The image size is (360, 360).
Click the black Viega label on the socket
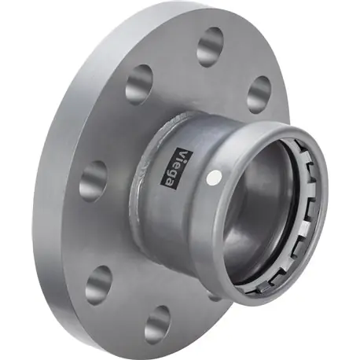tap(176, 168)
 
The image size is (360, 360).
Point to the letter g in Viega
tap(174, 171)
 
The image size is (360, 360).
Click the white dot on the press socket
tap(214, 178)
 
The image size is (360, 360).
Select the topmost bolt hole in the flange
tap(211, 46)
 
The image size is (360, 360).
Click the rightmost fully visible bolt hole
tap(259, 94)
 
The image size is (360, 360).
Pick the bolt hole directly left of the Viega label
tap(94, 182)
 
